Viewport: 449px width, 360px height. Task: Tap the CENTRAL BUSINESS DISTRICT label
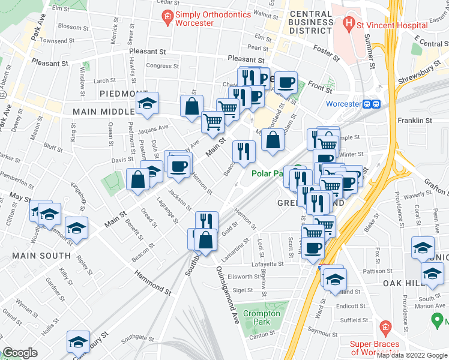tap(310, 22)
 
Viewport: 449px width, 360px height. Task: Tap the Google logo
tap(21, 353)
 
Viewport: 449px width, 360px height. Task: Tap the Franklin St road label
tap(415, 121)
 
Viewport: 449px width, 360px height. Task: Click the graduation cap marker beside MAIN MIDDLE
tap(147, 104)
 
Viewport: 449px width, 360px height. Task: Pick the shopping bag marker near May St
tap(138, 179)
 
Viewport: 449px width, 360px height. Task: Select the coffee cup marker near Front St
tap(286, 82)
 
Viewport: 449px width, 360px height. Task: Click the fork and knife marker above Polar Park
tap(244, 151)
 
